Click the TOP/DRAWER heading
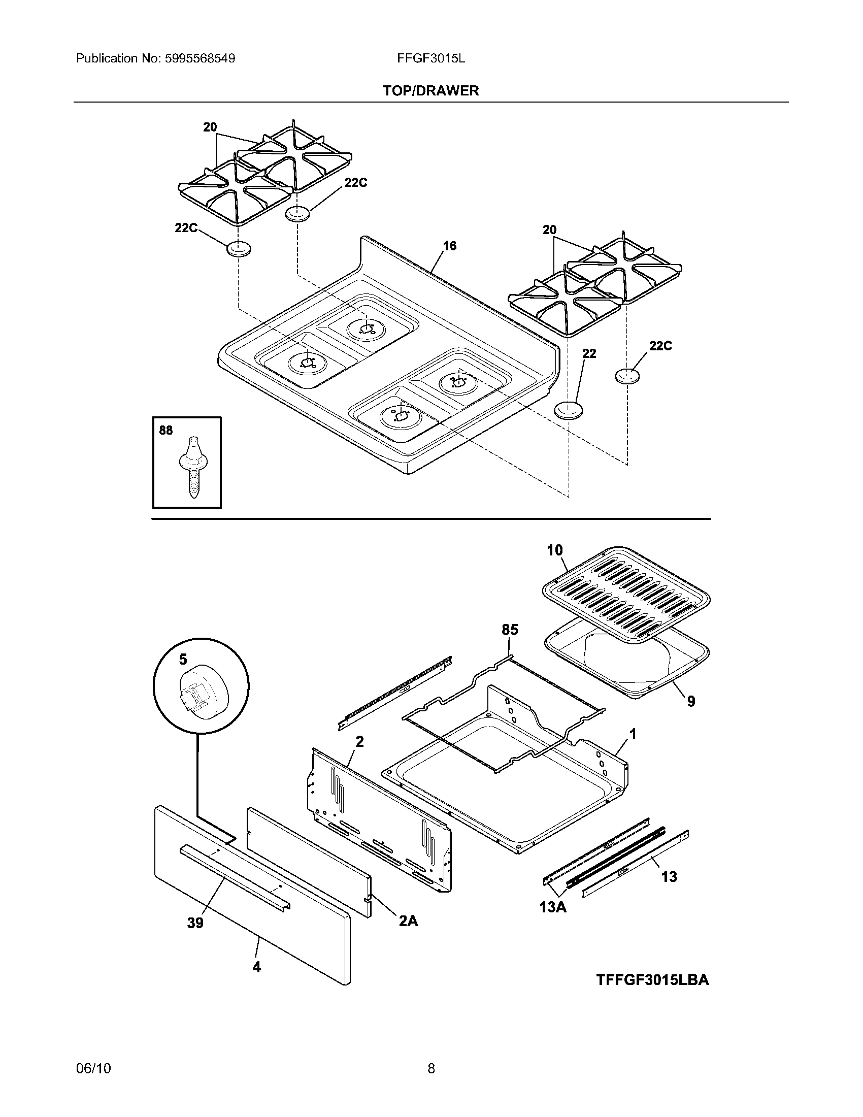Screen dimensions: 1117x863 431,91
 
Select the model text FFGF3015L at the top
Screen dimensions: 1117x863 431,58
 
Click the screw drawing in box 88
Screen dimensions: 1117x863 192,467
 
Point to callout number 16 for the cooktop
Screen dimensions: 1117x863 449,246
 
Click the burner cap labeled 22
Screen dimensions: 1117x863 568,410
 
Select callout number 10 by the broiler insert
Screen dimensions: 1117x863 555,550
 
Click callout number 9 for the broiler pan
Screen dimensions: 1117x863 691,702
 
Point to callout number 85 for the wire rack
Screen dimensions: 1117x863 510,630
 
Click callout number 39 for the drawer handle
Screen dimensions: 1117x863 195,923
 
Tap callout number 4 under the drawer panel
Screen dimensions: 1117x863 257,967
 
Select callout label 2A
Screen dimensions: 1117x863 408,921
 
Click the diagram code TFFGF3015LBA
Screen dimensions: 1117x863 652,980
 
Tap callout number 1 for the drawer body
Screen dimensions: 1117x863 633,735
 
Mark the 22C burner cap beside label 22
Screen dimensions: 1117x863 627,376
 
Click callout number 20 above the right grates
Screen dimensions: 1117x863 550,230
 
